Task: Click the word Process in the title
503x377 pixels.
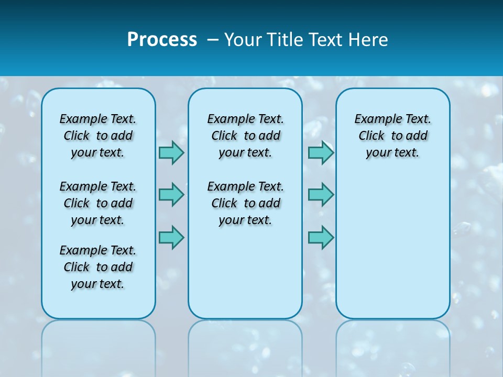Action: click(x=162, y=40)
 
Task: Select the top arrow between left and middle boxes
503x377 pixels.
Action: click(x=171, y=152)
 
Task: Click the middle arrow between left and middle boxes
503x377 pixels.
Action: click(x=171, y=195)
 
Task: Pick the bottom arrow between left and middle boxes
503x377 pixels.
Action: click(x=171, y=237)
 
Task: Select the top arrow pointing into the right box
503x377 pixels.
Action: click(x=321, y=152)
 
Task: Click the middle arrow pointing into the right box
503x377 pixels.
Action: click(x=321, y=195)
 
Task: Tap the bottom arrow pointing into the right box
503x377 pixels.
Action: click(x=321, y=237)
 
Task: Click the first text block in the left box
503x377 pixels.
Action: click(x=98, y=136)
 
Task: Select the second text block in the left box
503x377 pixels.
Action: click(x=98, y=203)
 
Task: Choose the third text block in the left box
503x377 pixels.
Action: click(x=98, y=267)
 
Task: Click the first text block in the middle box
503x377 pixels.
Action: click(x=245, y=136)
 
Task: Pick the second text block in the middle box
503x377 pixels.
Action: click(x=245, y=203)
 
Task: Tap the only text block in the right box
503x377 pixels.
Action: click(x=392, y=136)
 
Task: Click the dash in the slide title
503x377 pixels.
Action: click(x=213, y=40)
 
